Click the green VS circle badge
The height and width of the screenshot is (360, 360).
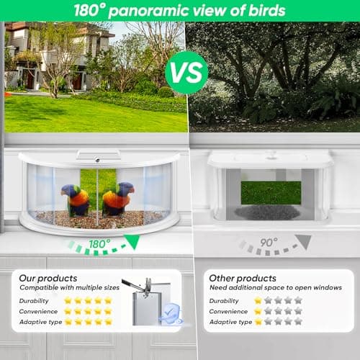(x=186, y=71)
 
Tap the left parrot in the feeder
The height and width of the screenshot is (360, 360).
(x=75, y=199)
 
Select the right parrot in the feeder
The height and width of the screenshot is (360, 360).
(x=117, y=199)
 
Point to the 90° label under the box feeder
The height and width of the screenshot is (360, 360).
(x=269, y=243)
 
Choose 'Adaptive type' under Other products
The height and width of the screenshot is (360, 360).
(x=230, y=322)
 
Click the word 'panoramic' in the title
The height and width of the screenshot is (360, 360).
(x=147, y=11)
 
